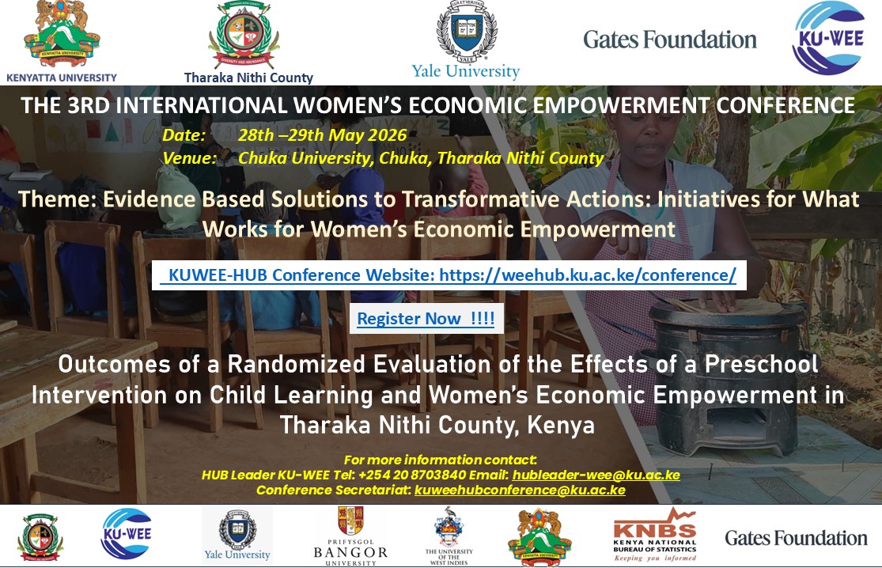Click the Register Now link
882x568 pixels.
pyautogui.click(x=426, y=318)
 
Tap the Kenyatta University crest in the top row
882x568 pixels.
pyautogui.click(x=62, y=34)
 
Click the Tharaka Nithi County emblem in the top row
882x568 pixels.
pyautogui.click(x=244, y=35)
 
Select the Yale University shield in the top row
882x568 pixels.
pyautogui.click(x=467, y=31)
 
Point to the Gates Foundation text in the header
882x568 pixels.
pyautogui.click(x=669, y=40)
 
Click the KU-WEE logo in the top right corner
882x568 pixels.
pyautogui.click(x=829, y=38)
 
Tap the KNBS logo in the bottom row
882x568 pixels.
pyautogui.click(x=655, y=535)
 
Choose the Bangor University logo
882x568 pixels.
pyautogui.click(x=350, y=536)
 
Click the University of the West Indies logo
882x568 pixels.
pyautogui.click(x=449, y=536)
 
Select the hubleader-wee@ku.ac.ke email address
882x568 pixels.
pyautogui.click(x=596, y=475)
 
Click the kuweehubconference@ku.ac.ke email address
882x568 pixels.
pyautogui.click(x=520, y=490)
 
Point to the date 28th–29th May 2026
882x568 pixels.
pyautogui.click(x=322, y=135)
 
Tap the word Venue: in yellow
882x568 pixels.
pyautogui.click(x=190, y=158)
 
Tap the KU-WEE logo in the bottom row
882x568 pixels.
pyautogui.click(x=127, y=534)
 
